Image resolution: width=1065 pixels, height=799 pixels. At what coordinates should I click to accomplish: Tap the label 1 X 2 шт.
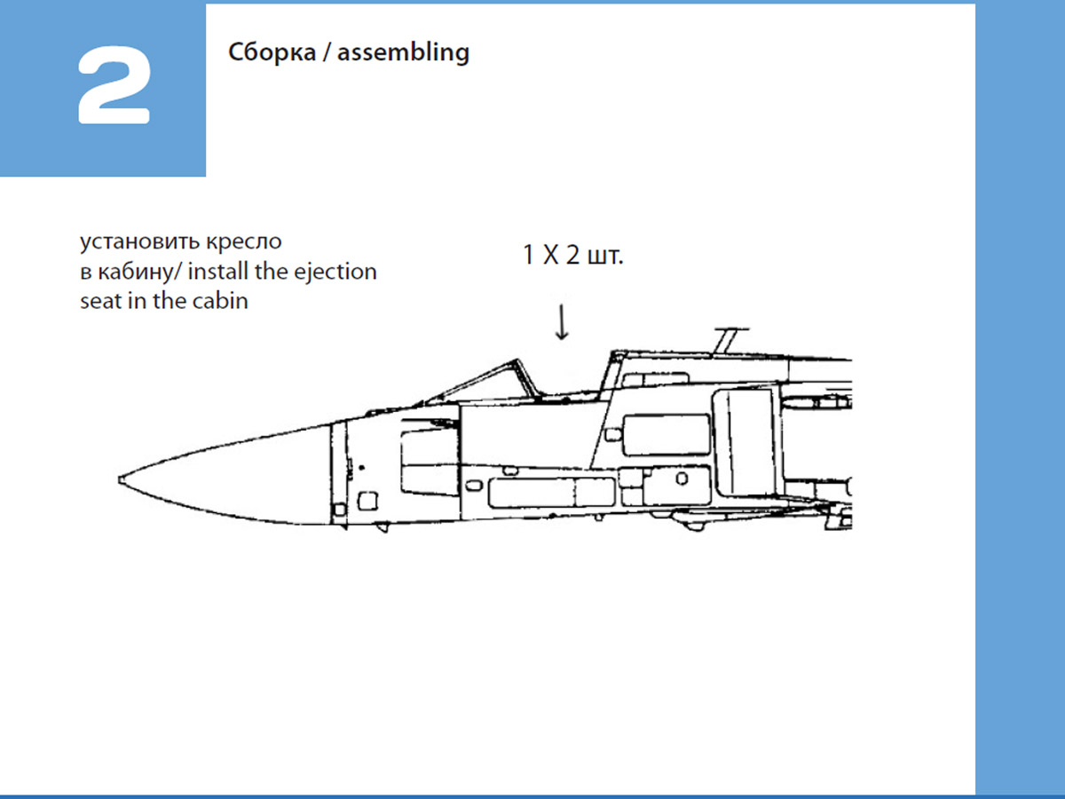click(x=572, y=257)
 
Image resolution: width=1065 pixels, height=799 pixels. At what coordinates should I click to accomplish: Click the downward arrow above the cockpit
click(x=562, y=321)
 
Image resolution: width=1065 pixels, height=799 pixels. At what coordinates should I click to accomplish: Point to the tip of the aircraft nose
click(x=122, y=479)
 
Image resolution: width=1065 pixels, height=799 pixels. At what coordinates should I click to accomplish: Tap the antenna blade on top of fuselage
click(x=726, y=338)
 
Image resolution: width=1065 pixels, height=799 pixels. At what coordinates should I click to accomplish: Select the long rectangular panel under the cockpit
click(x=550, y=491)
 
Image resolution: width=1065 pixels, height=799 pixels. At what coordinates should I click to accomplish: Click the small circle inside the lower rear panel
click(x=681, y=479)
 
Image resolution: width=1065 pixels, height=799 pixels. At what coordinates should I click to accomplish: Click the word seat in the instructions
click(x=99, y=301)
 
